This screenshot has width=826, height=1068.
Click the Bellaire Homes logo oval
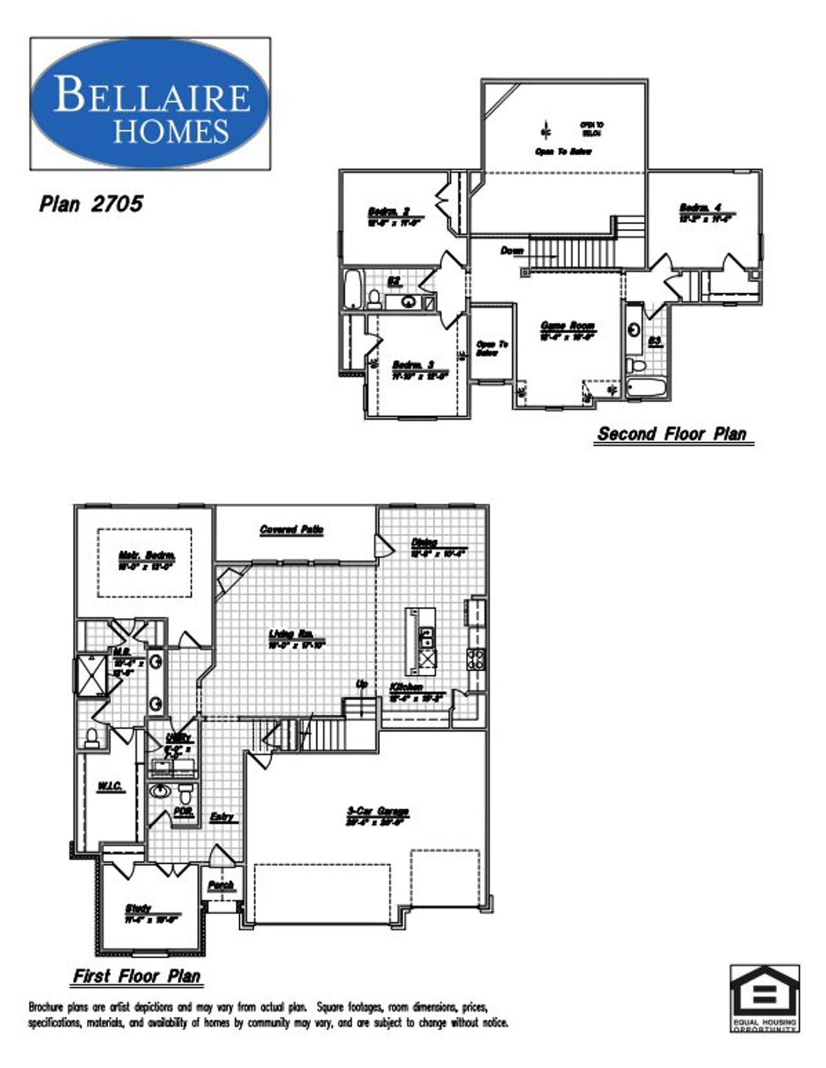[150, 103]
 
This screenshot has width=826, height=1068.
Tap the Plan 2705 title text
[91, 204]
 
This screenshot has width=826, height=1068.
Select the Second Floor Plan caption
[672, 434]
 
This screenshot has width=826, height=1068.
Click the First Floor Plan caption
[137, 976]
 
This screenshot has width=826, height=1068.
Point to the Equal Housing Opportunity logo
[765, 998]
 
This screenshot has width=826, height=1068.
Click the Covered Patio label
[292, 530]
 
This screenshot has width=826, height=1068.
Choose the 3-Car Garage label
[378, 812]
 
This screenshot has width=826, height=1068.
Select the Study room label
[139, 909]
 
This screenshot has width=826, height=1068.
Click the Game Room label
[568, 326]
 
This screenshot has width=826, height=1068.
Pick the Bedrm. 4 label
[700, 208]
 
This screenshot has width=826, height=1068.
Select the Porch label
[221, 885]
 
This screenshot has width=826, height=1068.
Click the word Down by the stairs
[512, 251]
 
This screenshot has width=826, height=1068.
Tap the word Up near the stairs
[362, 684]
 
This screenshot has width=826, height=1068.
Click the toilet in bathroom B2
[374, 298]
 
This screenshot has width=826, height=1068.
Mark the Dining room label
[425, 543]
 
